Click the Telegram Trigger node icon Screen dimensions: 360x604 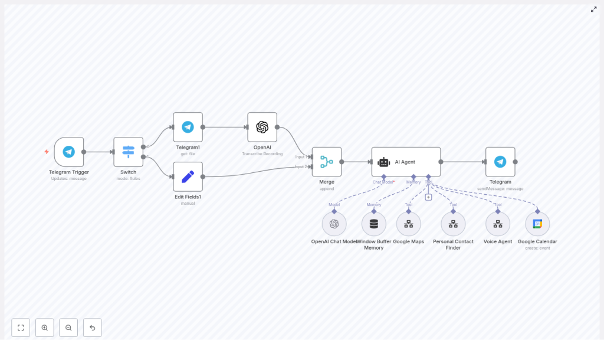click(x=69, y=152)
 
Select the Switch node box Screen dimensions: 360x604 click(x=129, y=152)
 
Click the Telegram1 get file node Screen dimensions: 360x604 click(x=188, y=127)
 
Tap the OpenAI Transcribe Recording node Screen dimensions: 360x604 click(x=262, y=127)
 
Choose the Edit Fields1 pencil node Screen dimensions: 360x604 click(x=188, y=176)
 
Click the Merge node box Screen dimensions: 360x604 click(x=327, y=162)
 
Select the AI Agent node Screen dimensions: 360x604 click(x=406, y=162)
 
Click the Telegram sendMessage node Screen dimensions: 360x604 click(x=500, y=162)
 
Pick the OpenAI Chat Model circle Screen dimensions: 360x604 click(x=334, y=224)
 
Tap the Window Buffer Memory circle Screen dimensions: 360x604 click(x=373, y=224)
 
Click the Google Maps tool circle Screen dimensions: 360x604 click(x=408, y=224)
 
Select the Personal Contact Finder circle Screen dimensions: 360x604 click(x=453, y=224)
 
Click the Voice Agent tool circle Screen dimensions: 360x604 click(x=498, y=224)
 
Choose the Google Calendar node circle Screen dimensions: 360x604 click(x=537, y=224)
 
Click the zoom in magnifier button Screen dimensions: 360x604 click(x=45, y=328)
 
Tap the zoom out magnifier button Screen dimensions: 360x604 click(x=68, y=328)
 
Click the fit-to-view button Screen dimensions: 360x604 click(x=21, y=328)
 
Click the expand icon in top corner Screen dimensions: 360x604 click(x=593, y=9)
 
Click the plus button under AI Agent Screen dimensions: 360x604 click(x=428, y=197)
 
